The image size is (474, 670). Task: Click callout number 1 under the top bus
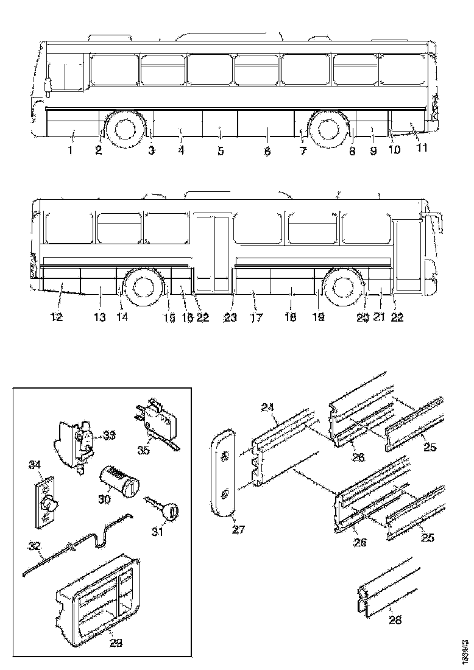coord(70,150)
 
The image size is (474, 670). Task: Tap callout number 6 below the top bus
coord(267,150)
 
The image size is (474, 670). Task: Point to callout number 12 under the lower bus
coord(60,317)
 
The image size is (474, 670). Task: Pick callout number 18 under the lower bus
coord(291,317)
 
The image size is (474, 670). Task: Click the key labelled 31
coord(163,509)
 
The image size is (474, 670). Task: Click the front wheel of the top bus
coord(124,129)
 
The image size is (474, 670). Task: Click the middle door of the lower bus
coord(213,253)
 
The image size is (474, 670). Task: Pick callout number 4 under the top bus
coord(181,150)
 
